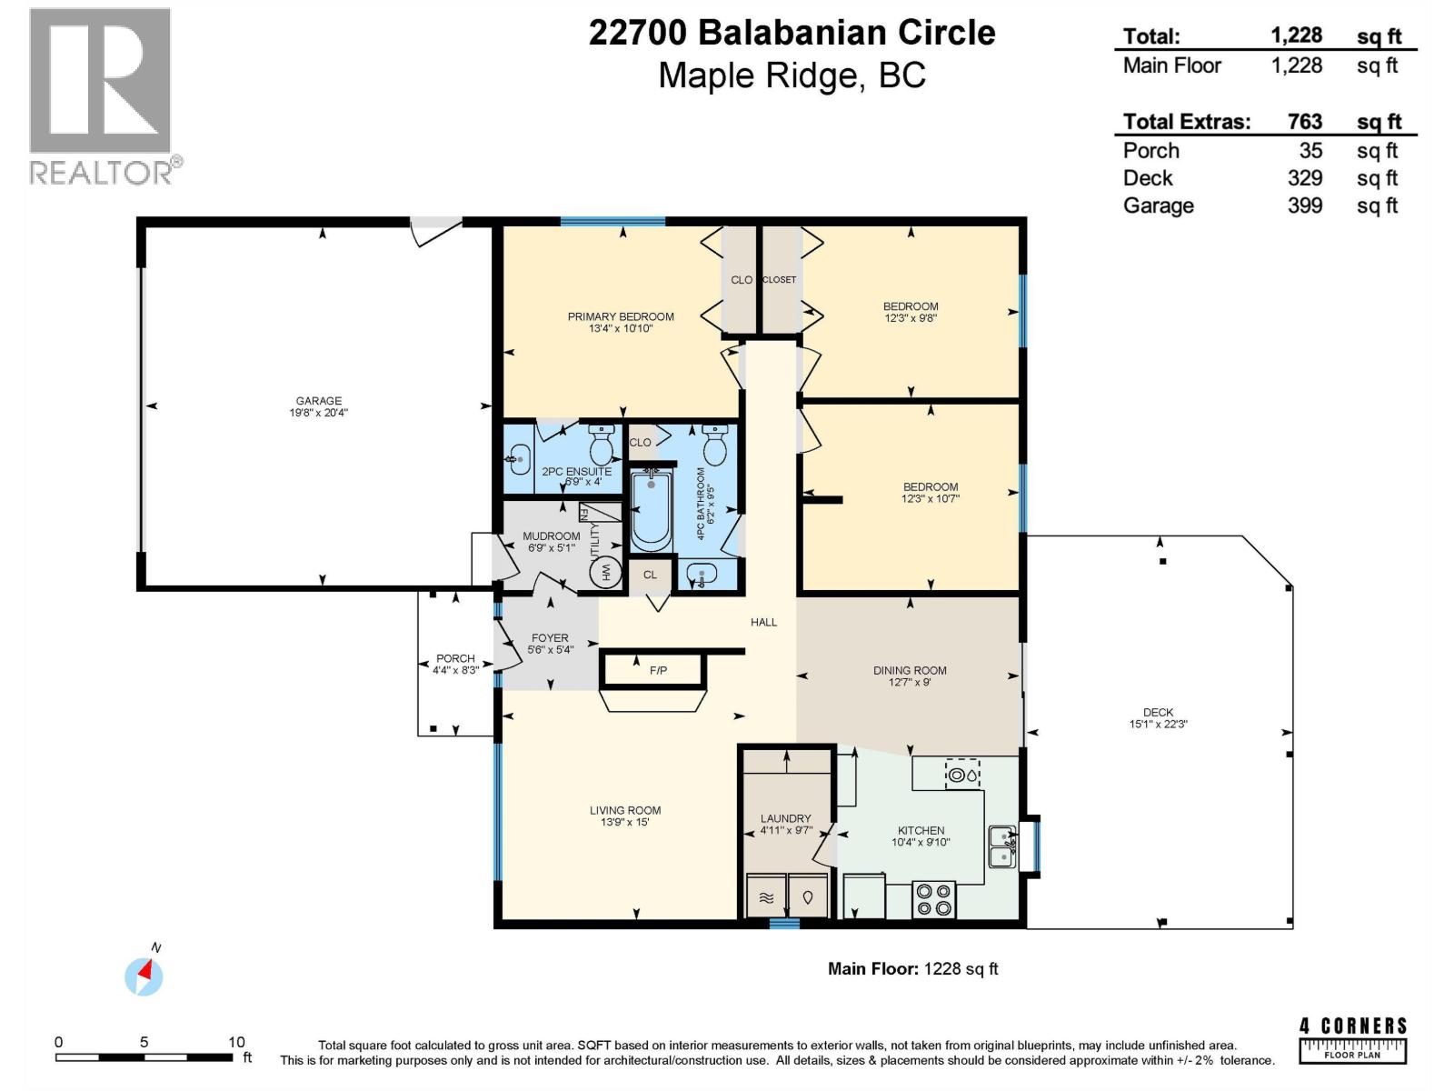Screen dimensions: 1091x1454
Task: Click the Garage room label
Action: click(318, 401)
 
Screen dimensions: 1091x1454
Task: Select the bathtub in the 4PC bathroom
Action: click(651, 510)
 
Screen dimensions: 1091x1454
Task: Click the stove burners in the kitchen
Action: click(933, 898)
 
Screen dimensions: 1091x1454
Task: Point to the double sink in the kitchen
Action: click(1001, 846)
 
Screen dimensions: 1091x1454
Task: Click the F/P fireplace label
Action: click(658, 671)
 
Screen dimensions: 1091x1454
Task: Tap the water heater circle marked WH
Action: click(605, 572)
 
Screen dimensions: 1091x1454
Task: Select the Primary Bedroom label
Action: click(621, 317)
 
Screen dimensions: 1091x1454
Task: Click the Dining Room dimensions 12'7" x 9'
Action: click(910, 682)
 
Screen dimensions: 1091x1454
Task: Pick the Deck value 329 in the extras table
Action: click(1304, 178)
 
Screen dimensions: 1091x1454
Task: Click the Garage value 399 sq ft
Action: click(1304, 205)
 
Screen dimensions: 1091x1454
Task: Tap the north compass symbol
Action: click(144, 976)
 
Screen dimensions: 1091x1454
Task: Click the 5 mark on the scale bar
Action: click(144, 1043)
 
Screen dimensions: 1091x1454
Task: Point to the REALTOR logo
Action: click(102, 95)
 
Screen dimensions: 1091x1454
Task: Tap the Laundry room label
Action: click(785, 818)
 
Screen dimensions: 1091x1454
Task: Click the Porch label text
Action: click(455, 658)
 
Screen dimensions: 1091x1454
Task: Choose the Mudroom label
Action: click(551, 536)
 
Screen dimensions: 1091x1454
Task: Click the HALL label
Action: click(763, 622)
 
